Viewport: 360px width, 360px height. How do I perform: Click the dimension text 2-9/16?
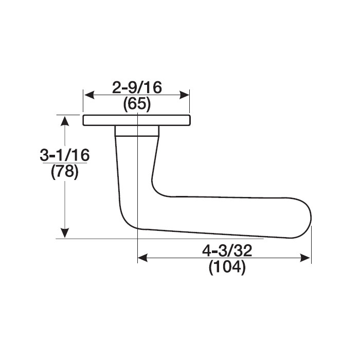tap(137, 88)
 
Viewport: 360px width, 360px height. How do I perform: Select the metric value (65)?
tap(137, 105)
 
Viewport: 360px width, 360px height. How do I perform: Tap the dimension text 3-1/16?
tap(65, 154)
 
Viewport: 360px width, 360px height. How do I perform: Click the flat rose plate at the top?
tap(137, 120)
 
